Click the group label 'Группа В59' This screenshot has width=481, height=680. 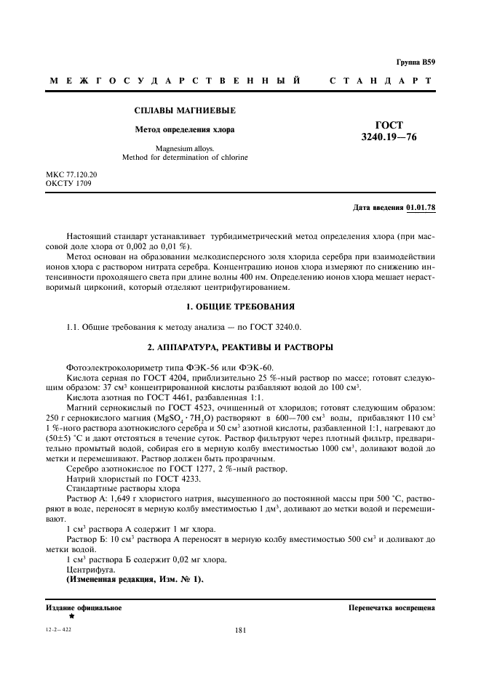416,63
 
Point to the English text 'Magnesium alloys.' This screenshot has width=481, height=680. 185,148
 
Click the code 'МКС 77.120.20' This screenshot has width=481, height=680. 71,175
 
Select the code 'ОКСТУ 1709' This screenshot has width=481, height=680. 68,184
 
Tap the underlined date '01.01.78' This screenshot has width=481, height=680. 421,208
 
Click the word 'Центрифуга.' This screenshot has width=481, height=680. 89,570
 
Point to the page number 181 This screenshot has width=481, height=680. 241,631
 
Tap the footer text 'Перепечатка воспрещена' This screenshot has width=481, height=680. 391,607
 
